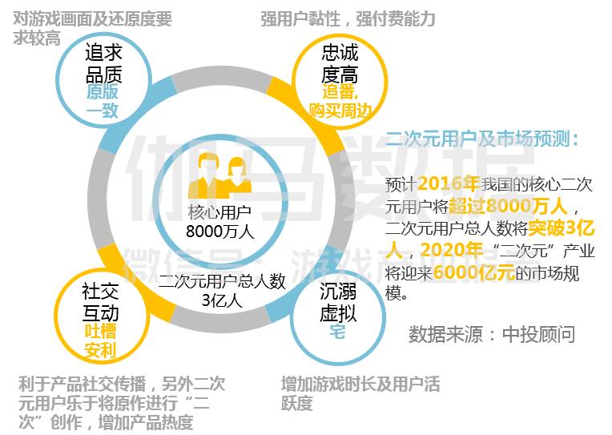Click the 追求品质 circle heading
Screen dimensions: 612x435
[x=103, y=63]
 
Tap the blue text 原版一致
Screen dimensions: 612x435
[x=103, y=101]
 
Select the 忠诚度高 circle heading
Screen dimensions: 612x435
[x=339, y=63]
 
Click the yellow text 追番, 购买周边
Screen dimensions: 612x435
[x=339, y=101]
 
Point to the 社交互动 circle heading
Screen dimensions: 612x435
[x=101, y=300]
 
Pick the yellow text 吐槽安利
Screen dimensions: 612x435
[x=101, y=340]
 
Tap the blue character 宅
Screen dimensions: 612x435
[x=337, y=331]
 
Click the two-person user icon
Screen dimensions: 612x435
[x=219, y=175]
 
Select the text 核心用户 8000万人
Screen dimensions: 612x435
[x=219, y=222]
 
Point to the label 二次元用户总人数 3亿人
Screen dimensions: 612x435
[x=222, y=290]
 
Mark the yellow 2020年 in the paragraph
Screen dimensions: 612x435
[x=449, y=250]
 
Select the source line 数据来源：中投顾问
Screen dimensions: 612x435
[x=491, y=333]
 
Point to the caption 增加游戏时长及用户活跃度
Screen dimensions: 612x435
[x=360, y=393]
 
